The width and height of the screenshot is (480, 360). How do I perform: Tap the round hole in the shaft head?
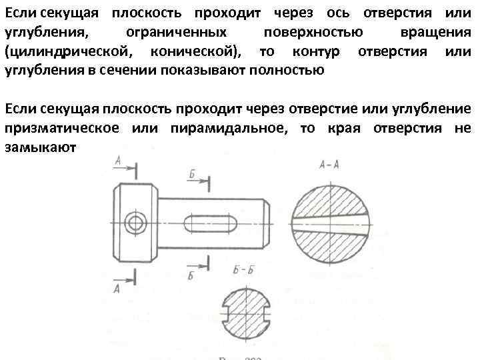pyautogui.click(x=137, y=222)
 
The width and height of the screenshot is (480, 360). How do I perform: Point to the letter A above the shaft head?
pyautogui.click(x=117, y=160)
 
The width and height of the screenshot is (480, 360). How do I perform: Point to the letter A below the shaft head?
pyautogui.click(x=117, y=288)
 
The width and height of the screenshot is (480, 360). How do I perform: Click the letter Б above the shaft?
pyautogui.click(x=191, y=174)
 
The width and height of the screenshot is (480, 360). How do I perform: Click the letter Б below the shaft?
pyautogui.click(x=191, y=275)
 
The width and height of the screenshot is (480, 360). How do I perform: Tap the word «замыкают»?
pyautogui.click(x=41, y=147)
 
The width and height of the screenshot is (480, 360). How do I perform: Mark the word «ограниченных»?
pyautogui.click(x=176, y=33)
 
